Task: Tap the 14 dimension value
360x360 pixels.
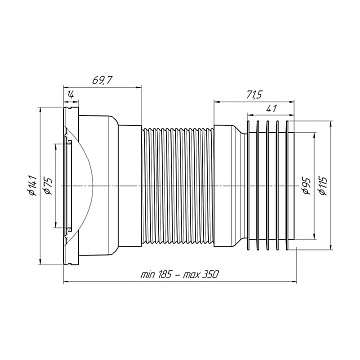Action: click(70, 95)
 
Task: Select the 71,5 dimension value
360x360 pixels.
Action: click(253, 95)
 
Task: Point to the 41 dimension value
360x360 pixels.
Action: click(271, 109)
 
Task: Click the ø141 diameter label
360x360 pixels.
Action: click(33, 186)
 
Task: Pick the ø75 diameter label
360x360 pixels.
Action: click(48, 186)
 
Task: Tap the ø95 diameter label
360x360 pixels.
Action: click(306, 186)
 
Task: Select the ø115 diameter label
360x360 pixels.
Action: click(323, 186)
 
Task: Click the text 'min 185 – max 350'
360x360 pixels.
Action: click(179, 274)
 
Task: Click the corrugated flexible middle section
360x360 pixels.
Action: click(178, 186)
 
